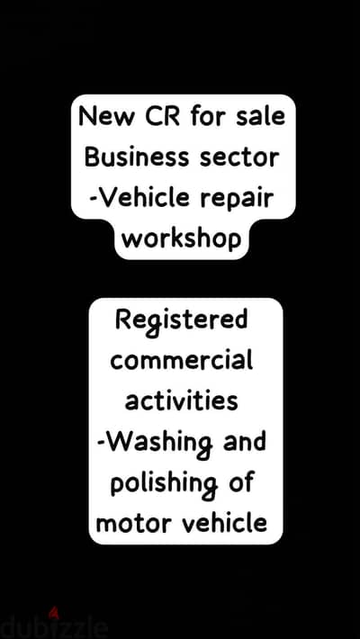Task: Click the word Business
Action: pos(137,157)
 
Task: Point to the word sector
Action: pos(239,157)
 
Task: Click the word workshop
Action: pos(182,238)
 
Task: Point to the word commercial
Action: pos(182,360)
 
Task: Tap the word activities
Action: pos(181,400)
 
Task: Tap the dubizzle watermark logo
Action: pos(54,626)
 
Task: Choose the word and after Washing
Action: pos(245,440)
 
